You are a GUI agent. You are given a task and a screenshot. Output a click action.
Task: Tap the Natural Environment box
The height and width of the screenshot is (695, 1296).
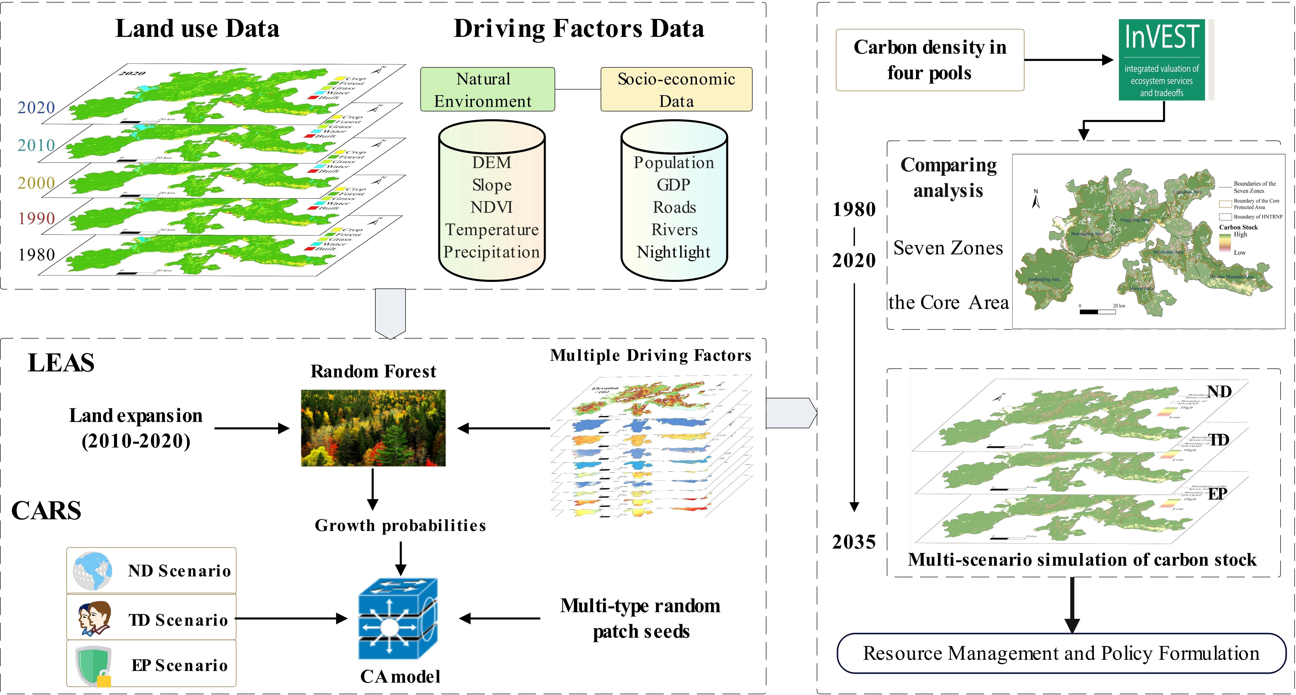point(487,90)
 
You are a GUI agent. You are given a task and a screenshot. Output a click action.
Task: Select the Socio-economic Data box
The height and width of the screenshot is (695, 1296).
point(676,90)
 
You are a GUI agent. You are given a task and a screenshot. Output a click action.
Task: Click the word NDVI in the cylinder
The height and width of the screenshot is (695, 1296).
point(492,207)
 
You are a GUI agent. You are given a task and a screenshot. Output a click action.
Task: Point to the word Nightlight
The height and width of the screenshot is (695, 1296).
point(674,252)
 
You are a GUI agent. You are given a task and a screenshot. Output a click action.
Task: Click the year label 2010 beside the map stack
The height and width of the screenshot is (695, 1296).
point(36,145)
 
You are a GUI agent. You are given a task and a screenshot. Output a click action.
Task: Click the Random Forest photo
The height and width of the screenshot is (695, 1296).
point(373,428)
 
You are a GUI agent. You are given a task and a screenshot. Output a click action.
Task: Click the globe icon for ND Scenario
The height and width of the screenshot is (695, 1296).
point(92,571)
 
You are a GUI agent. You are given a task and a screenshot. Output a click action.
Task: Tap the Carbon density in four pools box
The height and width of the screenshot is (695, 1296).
point(930,60)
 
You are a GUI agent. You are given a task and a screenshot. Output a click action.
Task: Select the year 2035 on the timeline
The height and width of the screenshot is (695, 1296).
point(854,542)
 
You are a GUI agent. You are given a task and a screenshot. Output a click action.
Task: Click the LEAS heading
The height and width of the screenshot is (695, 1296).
point(61,363)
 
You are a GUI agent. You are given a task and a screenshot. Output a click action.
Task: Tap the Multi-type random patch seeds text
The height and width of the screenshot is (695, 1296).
point(640,619)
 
